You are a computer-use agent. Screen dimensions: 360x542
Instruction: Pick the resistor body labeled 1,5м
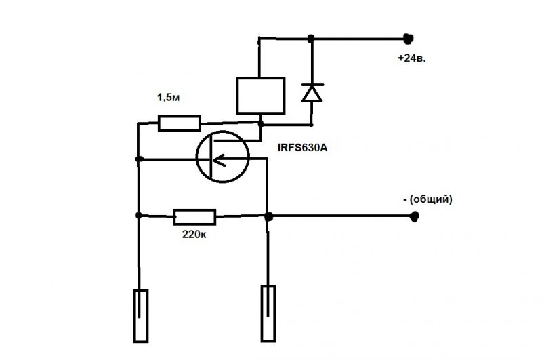(x=180, y=123)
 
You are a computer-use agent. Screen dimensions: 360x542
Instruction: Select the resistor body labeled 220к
(x=195, y=217)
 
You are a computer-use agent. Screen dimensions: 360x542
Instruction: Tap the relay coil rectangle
(x=259, y=95)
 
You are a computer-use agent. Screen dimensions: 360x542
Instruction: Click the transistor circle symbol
(x=222, y=157)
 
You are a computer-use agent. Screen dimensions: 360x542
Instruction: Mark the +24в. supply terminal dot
(x=408, y=38)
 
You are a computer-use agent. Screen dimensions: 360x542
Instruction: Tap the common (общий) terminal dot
(x=415, y=217)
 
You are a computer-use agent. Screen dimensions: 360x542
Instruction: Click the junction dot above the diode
(x=311, y=38)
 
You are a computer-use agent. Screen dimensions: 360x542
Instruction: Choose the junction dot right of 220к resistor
(x=268, y=217)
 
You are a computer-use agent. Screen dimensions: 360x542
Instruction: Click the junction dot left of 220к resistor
(x=138, y=216)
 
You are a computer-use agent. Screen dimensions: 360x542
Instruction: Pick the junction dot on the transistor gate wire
(x=138, y=159)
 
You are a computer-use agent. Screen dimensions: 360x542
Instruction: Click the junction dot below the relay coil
(x=260, y=123)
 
